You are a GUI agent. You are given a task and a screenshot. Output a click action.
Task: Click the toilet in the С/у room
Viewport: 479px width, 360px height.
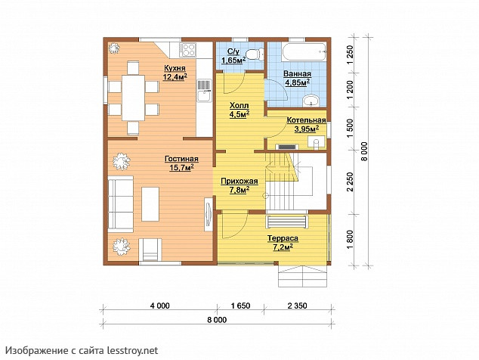(x=254, y=54)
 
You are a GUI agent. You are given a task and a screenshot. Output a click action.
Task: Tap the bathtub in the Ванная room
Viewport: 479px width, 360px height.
(x=304, y=51)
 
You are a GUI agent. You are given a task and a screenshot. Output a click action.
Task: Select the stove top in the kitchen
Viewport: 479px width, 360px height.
(x=187, y=50)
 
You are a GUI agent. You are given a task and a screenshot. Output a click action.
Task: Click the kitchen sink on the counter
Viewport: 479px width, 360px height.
(x=204, y=91)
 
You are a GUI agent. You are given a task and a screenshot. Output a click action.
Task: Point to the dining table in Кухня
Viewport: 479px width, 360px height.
(x=133, y=98)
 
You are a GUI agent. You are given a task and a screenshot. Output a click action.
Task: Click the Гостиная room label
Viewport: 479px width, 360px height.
(x=181, y=159)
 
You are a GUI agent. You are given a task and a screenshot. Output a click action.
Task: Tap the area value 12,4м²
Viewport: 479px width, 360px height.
(x=175, y=77)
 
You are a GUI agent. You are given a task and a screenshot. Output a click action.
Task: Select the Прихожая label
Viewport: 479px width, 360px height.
(x=239, y=181)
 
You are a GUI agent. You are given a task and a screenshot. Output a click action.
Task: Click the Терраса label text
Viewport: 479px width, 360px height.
(x=283, y=238)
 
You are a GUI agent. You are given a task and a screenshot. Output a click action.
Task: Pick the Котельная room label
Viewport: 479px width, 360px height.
(x=307, y=120)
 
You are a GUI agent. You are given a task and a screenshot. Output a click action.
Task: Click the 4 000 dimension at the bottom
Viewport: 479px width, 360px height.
(x=159, y=306)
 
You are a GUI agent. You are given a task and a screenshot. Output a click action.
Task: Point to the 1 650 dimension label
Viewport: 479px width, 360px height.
(x=240, y=306)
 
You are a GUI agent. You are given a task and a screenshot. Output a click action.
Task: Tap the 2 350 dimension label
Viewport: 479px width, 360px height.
(x=297, y=306)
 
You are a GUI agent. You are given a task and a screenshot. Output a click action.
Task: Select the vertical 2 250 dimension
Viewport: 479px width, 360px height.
(x=350, y=182)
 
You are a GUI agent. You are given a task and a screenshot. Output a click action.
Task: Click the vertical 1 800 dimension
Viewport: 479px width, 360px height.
(x=350, y=241)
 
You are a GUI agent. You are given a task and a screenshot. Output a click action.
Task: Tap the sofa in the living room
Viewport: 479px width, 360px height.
(x=121, y=204)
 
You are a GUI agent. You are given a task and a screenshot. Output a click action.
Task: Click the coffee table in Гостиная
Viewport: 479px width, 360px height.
(x=150, y=204)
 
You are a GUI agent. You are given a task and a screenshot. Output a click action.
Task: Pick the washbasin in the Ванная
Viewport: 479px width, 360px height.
(x=311, y=101)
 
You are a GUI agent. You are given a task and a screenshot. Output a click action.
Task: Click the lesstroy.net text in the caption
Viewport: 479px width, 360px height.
(x=132, y=350)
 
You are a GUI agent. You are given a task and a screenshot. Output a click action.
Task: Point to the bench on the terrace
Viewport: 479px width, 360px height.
(x=287, y=222)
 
